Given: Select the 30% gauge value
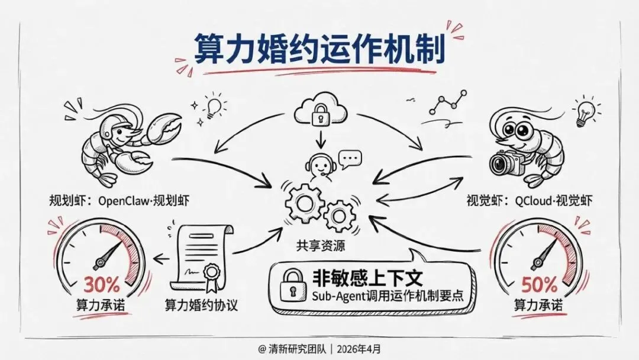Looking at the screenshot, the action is coord(101,285).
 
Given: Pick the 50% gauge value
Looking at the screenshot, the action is coord(539,285).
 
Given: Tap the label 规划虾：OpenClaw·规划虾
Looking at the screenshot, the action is coord(119,200).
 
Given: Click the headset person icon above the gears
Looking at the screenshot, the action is coord(319,165).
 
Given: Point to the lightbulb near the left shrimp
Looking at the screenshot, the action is coord(215,107).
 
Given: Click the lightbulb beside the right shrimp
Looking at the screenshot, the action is coord(585,112).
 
